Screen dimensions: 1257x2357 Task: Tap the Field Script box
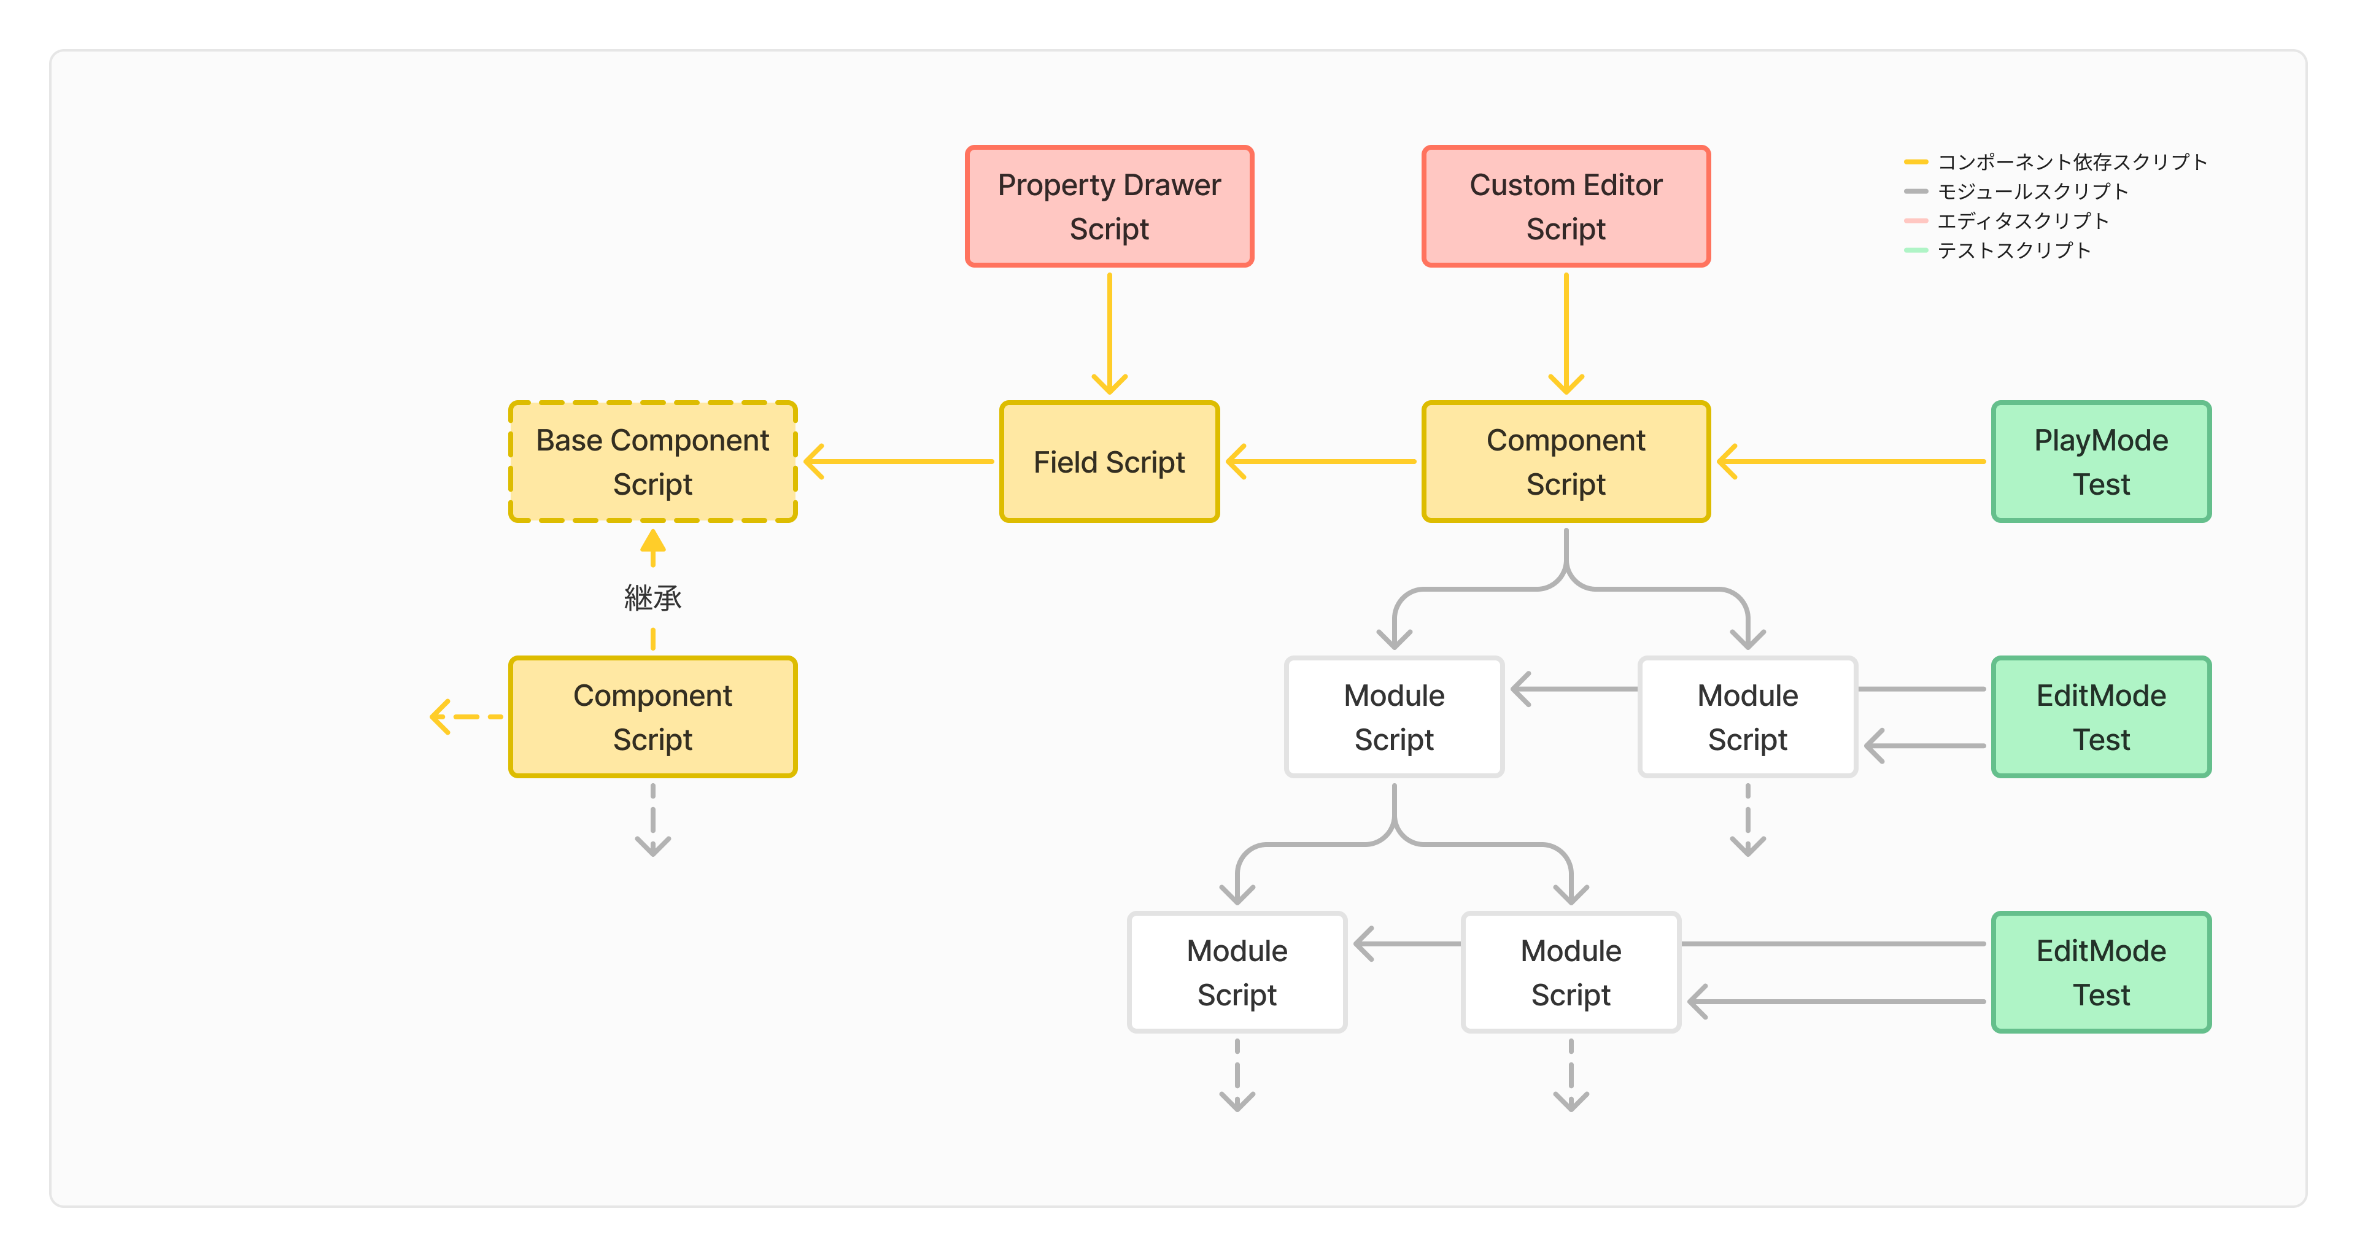point(1109,462)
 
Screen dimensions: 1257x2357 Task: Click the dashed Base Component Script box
point(652,462)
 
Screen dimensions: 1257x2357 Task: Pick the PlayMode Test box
point(2101,462)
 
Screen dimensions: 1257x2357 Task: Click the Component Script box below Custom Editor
point(1566,462)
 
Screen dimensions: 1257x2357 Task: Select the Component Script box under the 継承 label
point(652,717)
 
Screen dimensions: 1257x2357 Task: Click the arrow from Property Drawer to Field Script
point(1109,334)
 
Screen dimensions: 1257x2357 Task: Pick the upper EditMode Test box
point(2101,717)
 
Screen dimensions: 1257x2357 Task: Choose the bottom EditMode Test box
point(2101,972)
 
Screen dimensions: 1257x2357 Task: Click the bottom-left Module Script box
point(1236,972)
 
